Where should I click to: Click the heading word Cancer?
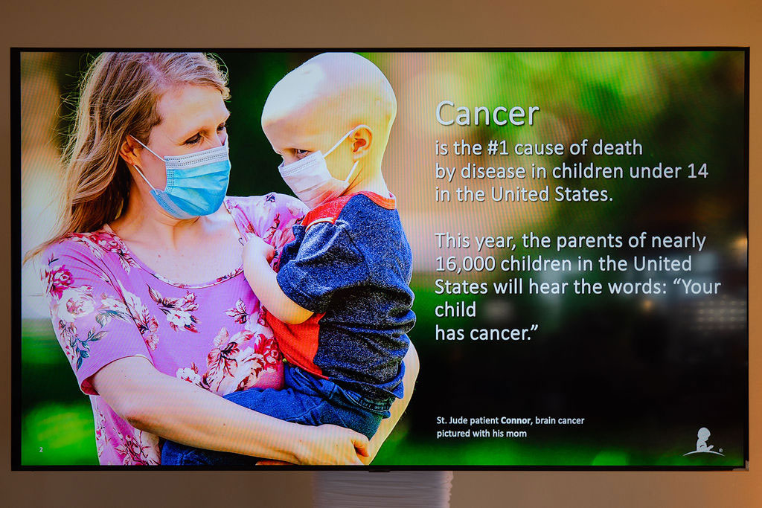487,114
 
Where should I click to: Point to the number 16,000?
465,264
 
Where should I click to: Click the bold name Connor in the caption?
516,420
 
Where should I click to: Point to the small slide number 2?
41,450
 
